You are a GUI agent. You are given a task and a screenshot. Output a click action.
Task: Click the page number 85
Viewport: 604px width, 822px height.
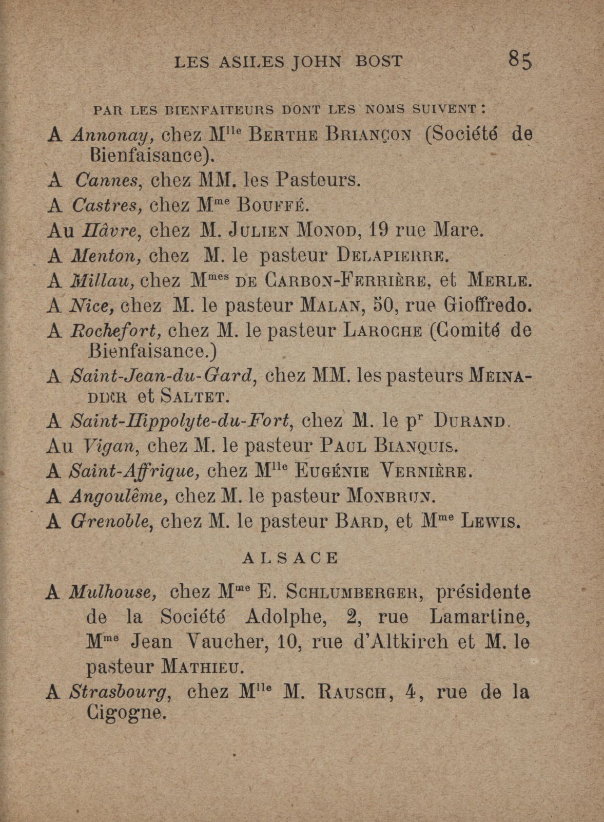pos(520,60)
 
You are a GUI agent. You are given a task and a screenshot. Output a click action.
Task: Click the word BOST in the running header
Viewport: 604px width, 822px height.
pos(379,62)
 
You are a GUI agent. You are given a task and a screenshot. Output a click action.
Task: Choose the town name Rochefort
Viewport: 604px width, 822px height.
pos(114,331)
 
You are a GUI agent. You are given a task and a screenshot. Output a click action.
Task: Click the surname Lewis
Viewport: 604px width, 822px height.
pos(492,522)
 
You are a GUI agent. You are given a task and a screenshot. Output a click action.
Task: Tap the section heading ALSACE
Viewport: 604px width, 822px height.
pos(290,558)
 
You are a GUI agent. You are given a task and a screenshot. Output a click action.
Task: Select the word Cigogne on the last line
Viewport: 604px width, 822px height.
pos(127,713)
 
